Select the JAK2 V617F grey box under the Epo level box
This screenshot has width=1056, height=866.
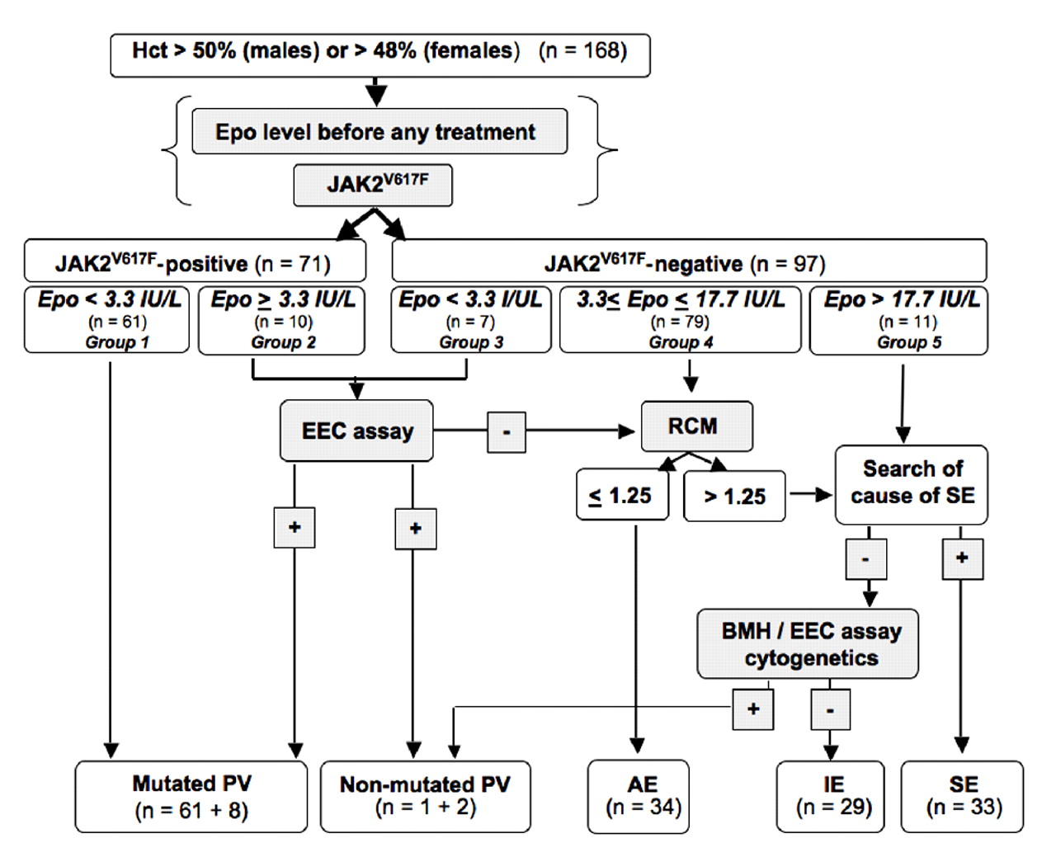pos(373,184)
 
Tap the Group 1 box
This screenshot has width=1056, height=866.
pos(107,320)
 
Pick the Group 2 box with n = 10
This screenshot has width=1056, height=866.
pos(282,320)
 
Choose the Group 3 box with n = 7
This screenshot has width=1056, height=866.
pos(470,320)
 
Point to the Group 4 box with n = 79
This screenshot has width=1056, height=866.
pos(681,320)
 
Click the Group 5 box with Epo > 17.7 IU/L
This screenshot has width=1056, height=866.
pos(899,320)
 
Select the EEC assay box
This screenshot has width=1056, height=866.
pos(356,431)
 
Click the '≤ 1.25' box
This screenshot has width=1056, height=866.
pos(622,496)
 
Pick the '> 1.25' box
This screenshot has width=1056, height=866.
pos(734,497)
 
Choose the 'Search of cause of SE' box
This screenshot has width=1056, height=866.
pos(912,483)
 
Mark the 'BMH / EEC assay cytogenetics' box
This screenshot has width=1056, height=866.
pos(808,644)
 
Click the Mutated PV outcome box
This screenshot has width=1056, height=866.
pos(191,797)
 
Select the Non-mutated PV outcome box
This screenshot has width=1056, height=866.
pos(425,796)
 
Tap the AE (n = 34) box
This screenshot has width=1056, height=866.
pos(639,796)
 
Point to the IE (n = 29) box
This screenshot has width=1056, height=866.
pos(831,796)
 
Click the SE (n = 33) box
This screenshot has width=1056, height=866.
pos(962,796)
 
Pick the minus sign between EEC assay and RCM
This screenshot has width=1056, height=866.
pos(507,431)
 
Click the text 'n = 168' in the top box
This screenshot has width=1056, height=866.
pos(582,51)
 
